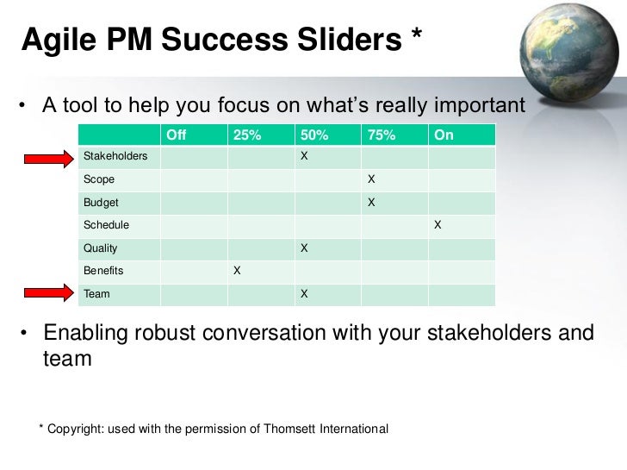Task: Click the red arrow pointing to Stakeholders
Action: coord(49,158)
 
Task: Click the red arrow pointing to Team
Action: coord(49,294)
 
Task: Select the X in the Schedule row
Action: coord(438,225)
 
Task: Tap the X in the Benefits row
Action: coord(237,271)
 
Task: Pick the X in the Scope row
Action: coord(371,180)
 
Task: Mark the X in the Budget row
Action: coord(371,203)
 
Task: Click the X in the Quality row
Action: coord(303,248)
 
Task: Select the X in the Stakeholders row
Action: coord(303,156)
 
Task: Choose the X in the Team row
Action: coord(303,294)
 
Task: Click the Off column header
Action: coord(176,135)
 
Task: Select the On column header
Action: coord(444,135)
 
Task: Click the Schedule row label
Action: coord(106,225)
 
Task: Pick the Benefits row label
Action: coord(103,271)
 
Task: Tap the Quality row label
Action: coord(100,248)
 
